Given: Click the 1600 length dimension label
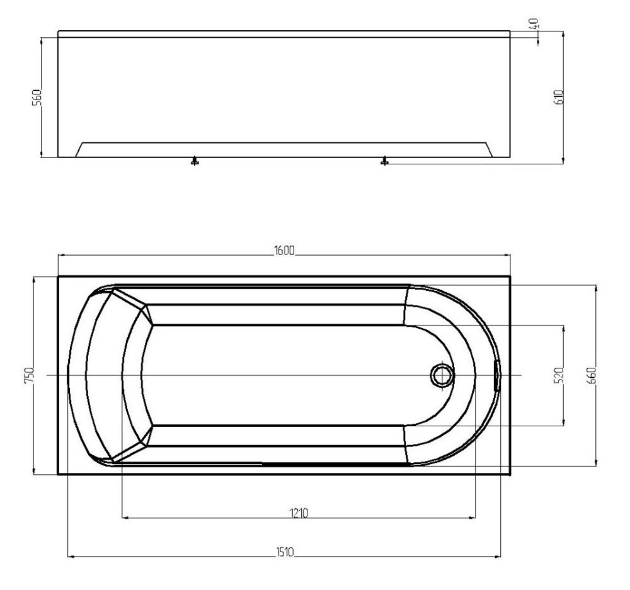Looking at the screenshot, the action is [x=284, y=250].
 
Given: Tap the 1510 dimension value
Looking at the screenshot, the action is [x=285, y=552].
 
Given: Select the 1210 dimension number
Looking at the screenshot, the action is [x=299, y=513].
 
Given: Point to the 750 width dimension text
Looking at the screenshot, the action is [x=30, y=375].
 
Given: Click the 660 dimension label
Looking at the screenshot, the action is [x=592, y=375].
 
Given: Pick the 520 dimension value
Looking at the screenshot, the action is [x=559, y=375].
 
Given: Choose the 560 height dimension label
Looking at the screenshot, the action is [x=37, y=97].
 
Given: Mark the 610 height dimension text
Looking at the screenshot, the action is [x=558, y=97].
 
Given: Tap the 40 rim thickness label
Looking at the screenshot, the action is [x=534, y=23].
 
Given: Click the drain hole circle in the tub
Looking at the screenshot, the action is [x=442, y=375].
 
